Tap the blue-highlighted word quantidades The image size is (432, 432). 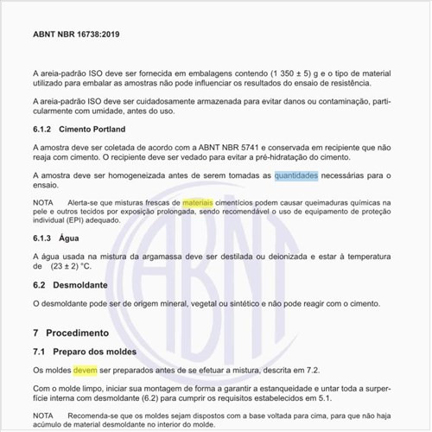296,176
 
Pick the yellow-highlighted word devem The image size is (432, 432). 86,370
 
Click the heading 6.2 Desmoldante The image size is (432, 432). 69,284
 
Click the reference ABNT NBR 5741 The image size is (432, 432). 232,148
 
